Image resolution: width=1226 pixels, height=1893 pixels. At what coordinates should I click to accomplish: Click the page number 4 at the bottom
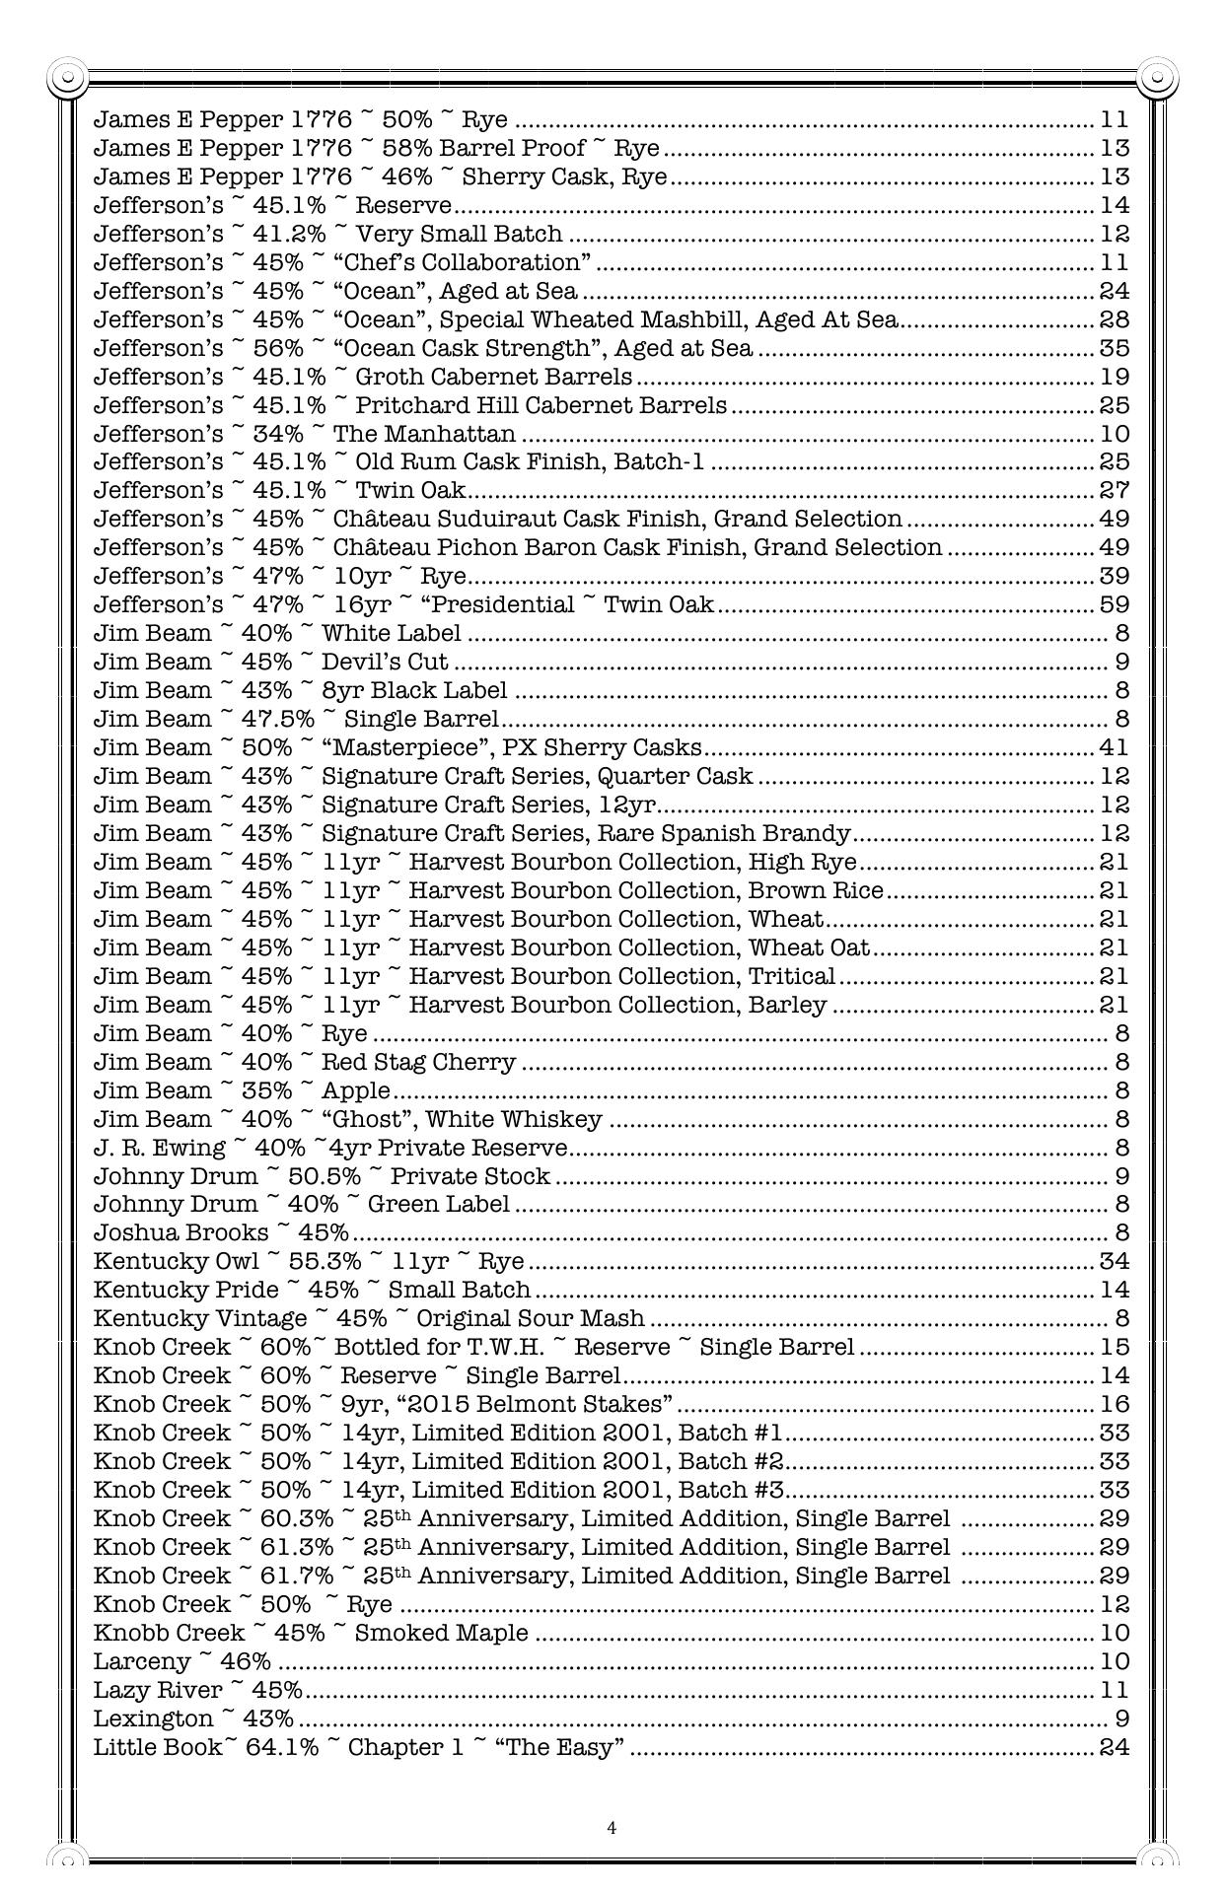coord(612,1828)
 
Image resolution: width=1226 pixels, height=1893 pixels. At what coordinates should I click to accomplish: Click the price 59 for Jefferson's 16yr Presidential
coord(1114,604)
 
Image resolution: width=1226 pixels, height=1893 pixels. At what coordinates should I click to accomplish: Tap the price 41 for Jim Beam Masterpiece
coord(1114,747)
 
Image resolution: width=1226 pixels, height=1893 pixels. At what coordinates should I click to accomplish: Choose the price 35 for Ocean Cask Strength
coord(1114,348)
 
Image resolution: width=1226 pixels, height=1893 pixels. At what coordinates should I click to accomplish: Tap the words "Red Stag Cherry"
coord(419,1062)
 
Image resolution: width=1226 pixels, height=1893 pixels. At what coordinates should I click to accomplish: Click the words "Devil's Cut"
coord(386,662)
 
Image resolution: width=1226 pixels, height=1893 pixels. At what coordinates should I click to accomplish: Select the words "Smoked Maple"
coord(442,1634)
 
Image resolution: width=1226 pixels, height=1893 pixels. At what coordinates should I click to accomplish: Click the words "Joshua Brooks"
coord(180,1233)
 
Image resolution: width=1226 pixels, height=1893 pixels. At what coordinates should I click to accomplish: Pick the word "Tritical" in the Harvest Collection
coord(792,976)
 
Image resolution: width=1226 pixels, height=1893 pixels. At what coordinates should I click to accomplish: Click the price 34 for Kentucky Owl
coord(1114,1262)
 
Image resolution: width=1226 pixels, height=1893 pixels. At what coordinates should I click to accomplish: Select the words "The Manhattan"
coord(424,434)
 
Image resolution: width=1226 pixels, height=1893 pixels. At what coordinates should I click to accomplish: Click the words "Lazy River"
coord(158,1691)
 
